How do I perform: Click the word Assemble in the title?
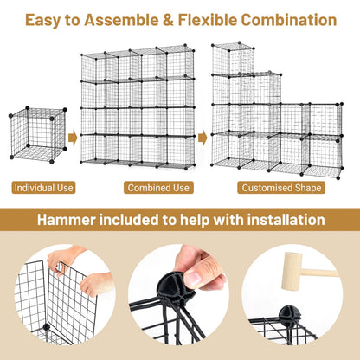click(x=121, y=20)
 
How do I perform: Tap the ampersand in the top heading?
click(x=168, y=20)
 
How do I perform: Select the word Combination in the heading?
click(x=289, y=20)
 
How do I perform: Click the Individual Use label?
click(x=43, y=188)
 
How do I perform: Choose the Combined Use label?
click(x=158, y=188)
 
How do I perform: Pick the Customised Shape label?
click(x=281, y=188)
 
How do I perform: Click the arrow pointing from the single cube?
click(x=73, y=138)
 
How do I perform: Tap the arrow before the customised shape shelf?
click(x=202, y=138)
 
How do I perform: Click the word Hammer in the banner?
click(x=66, y=220)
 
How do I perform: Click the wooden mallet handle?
click(x=319, y=273)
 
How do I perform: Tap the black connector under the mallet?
click(x=288, y=316)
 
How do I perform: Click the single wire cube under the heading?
click(x=38, y=135)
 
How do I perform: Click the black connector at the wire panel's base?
click(x=46, y=327)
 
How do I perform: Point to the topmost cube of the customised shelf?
click(x=233, y=59)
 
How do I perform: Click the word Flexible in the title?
click(x=207, y=20)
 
